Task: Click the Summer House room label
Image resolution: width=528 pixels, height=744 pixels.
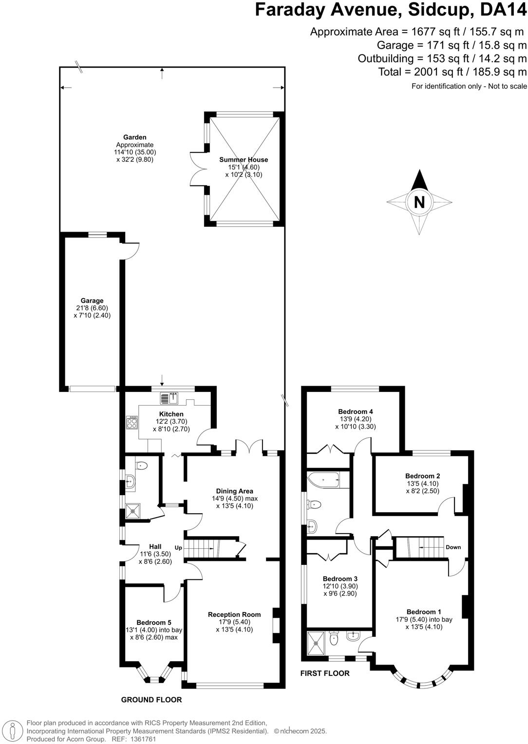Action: (244, 160)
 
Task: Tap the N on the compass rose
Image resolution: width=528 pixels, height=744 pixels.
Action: (419, 202)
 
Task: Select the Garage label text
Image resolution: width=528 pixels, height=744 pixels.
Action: (92, 301)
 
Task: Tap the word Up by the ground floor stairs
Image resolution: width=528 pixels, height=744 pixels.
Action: (178, 548)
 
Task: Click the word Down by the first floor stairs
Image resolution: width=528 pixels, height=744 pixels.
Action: (453, 547)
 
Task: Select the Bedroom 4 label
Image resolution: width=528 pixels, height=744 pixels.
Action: (356, 411)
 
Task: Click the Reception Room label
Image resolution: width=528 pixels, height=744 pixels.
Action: (234, 614)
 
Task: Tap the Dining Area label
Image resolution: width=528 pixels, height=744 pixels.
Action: (235, 491)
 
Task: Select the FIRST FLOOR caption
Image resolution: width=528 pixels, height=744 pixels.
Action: (325, 673)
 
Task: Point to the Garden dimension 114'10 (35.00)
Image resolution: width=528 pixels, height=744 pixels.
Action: (135, 152)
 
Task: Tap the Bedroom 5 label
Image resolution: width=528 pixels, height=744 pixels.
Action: (154, 622)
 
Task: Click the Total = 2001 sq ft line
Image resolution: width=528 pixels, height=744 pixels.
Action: (453, 72)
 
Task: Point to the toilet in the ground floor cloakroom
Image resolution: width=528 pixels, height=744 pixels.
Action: (141, 466)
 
